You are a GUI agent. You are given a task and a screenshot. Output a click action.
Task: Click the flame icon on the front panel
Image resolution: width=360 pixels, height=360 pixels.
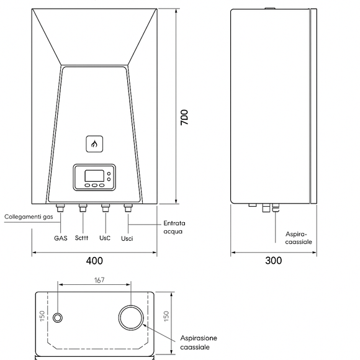click(94, 144)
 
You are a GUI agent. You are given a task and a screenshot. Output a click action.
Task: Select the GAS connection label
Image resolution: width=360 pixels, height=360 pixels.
click(60, 238)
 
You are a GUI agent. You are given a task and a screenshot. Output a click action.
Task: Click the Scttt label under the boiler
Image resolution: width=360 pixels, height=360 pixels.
click(82, 238)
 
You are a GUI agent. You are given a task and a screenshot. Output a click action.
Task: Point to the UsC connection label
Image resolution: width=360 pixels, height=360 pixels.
click(105, 238)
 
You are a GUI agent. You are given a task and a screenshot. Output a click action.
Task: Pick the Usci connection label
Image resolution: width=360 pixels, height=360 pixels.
click(127, 238)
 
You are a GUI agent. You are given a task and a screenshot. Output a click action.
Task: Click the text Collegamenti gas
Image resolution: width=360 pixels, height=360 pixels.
click(28, 217)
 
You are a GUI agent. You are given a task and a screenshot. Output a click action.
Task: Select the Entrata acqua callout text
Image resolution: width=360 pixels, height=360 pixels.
click(174, 227)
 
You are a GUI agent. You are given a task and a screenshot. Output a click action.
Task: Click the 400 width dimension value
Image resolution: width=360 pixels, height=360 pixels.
click(94, 261)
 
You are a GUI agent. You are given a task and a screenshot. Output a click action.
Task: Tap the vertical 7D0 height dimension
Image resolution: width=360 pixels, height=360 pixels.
click(184, 118)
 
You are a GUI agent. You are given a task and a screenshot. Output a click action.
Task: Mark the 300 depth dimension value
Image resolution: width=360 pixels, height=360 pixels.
click(273, 261)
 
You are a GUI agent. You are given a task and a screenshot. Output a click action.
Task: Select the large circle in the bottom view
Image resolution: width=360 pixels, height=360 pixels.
click(131, 317)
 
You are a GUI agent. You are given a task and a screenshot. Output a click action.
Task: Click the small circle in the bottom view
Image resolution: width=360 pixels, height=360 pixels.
click(58, 318)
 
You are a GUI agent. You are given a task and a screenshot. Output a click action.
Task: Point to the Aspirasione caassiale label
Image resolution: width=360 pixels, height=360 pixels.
click(199, 342)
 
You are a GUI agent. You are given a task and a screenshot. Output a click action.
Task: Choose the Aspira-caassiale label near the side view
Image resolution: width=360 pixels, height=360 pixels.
click(299, 238)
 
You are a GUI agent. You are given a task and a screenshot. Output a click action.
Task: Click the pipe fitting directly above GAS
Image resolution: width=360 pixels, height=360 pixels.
click(60, 208)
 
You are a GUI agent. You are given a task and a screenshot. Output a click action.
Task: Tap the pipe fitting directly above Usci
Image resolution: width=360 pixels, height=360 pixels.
click(128, 208)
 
